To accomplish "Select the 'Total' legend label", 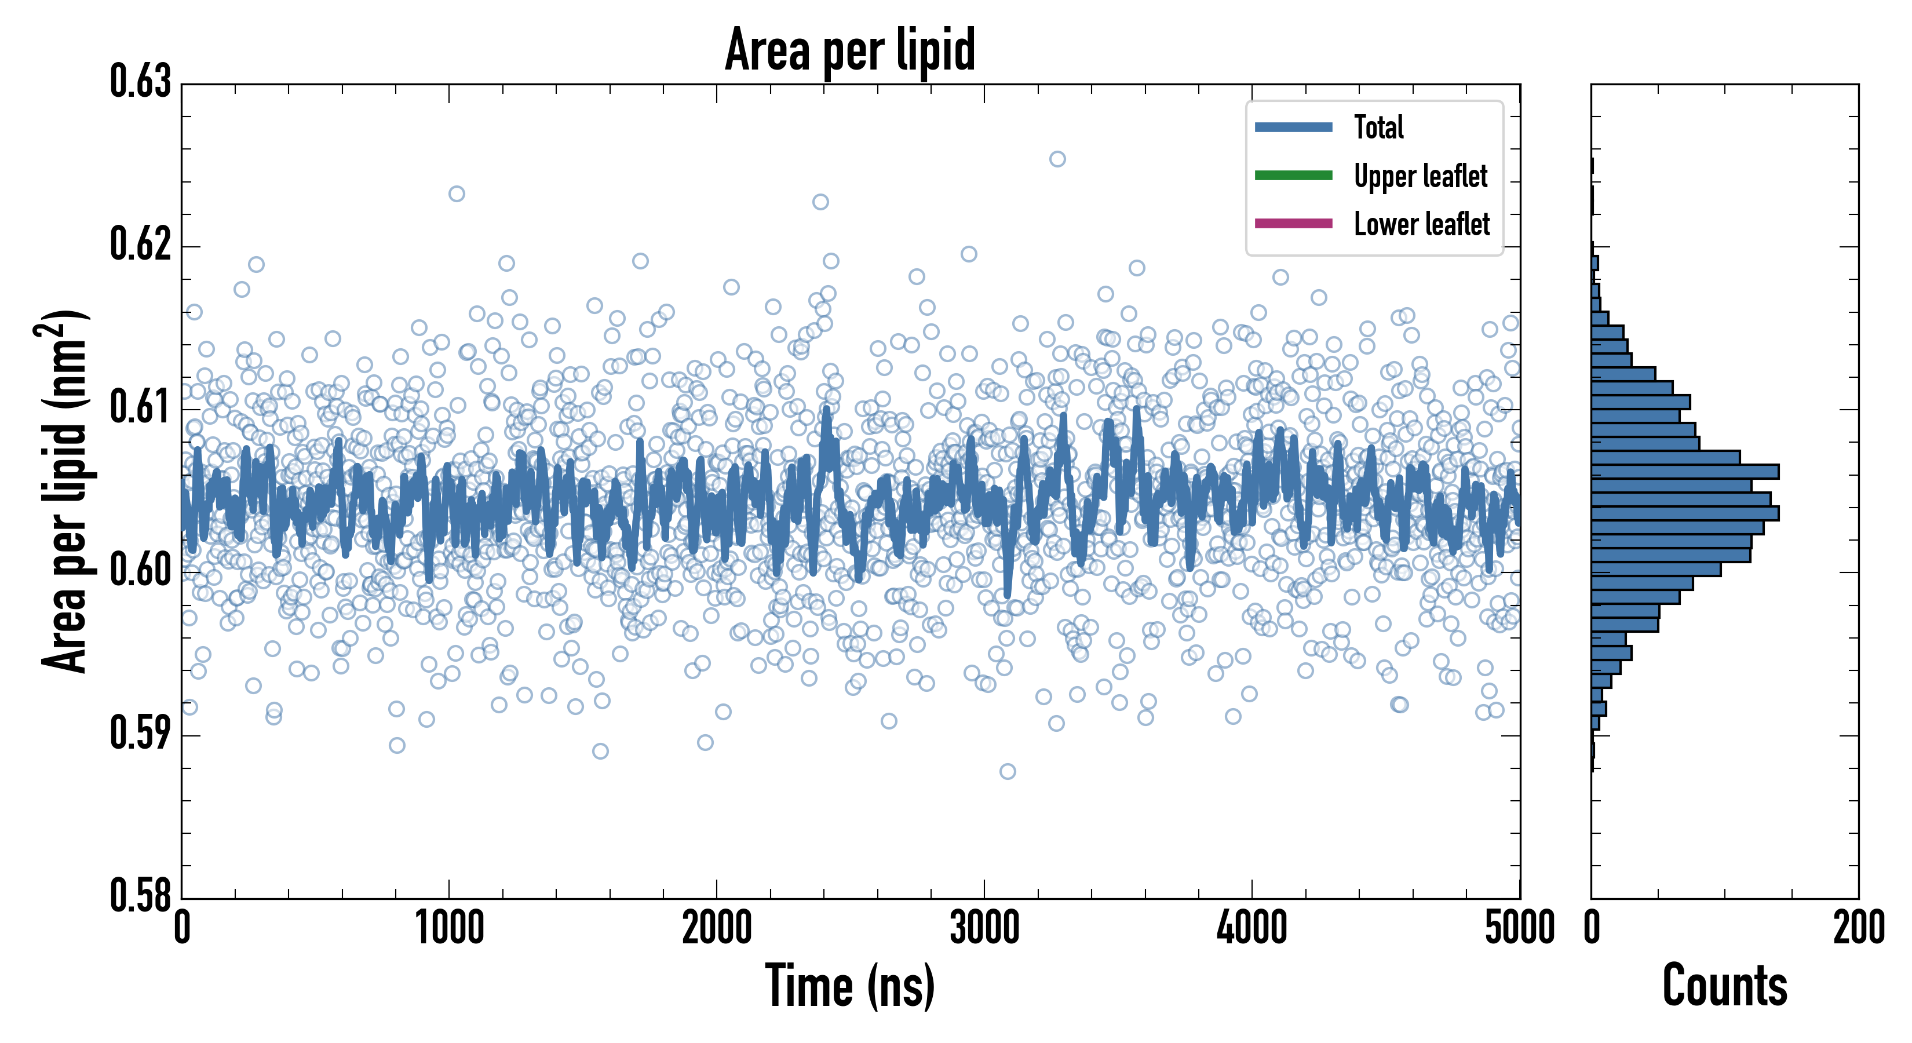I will (1378, 127).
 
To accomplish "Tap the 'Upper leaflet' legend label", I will (1420, 176).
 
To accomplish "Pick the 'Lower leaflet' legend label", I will (1421, 224).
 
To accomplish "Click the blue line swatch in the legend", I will (1293, 127).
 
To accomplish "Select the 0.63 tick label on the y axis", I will (140, 82).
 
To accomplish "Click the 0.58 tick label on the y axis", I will (140, 895).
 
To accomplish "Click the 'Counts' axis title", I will (1724, 986).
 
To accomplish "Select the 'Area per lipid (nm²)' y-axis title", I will (63, 491).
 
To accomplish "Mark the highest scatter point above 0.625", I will (1057, 159).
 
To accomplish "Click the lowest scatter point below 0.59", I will (1007, 771).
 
